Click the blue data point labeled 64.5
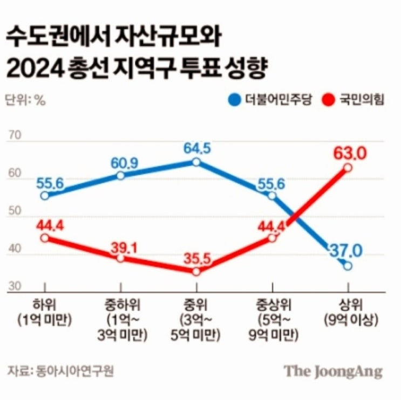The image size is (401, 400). click(x=196, y=162)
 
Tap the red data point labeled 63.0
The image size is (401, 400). click(x=348, y=168)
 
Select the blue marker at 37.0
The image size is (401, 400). click(x=348, y=266)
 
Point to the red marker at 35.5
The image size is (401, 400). click(x=196, y=272)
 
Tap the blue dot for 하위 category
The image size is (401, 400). click(x=45, y=196)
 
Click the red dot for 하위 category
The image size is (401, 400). click(x=45, y=238)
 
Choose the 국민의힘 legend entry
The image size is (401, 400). click(x=353, y=99)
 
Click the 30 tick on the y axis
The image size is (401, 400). click(x=15, y=286)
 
